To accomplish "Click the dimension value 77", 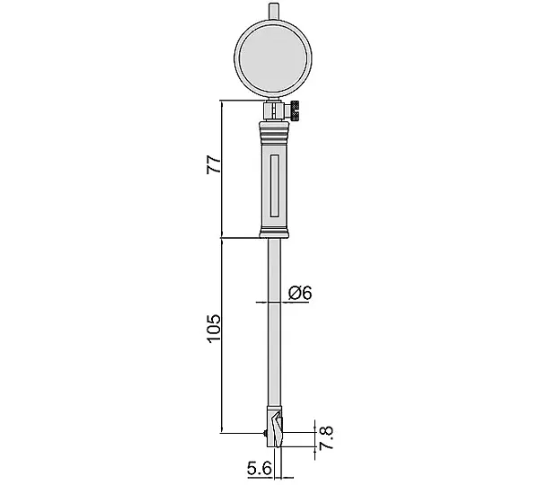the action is [x=213, y=164].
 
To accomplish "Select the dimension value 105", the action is [x=214, y=328].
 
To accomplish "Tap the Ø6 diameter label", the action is [x=300, y=293].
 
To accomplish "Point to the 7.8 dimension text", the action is [x=326, y=437].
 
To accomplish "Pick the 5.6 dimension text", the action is [x=260, y=468].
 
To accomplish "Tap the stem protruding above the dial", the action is [x=273, y=12].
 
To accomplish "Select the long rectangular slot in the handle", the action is [x=274, y=186].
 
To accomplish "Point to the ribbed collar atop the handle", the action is [x=274, y=132].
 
